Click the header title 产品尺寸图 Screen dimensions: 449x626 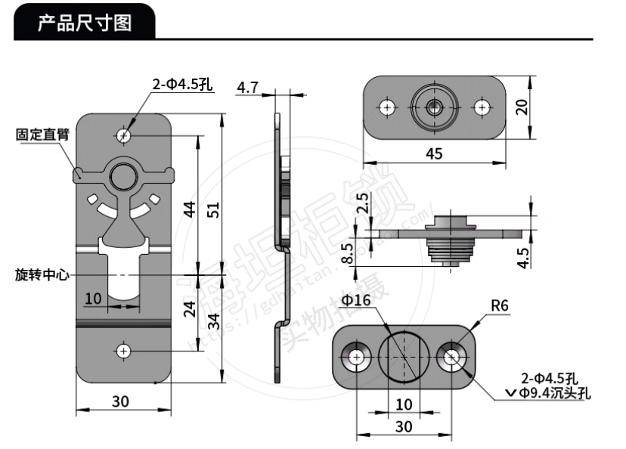(85, 23)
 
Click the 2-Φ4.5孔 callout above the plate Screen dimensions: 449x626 (182, 85)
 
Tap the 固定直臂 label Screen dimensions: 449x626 (42, 135)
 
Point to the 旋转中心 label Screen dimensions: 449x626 (42, 275)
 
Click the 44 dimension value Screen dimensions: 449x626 (191, 209)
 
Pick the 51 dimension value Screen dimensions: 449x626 (214, 209)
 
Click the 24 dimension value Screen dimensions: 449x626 (191, 308)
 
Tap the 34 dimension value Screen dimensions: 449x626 (214, 322)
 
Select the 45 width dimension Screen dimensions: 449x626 (434, 154)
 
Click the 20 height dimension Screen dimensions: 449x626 (522, 107)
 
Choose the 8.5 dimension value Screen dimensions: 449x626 (347, 252)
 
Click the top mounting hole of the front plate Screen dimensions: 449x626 (124, 135)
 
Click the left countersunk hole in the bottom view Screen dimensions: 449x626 (355, 357)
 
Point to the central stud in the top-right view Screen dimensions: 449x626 (434, 107)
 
